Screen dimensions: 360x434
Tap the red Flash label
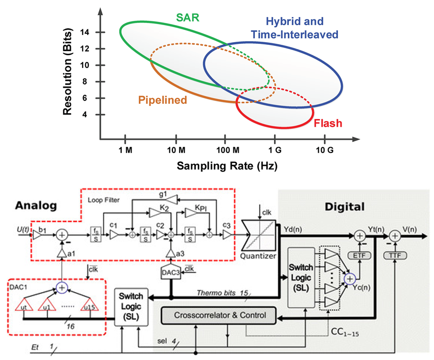click(328, 124)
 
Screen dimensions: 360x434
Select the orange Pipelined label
click(162, 100)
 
